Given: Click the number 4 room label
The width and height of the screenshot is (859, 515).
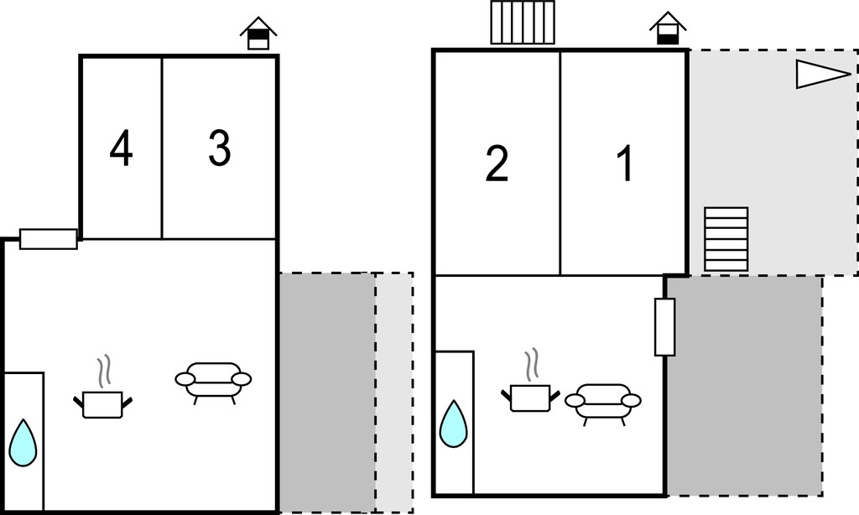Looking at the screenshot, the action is click(121, 148).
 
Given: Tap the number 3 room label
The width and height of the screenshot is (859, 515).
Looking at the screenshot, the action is click(220, 148).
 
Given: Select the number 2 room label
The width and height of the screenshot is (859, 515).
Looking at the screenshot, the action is click(497, 164).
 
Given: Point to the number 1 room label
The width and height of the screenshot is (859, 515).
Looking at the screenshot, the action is click(625, 164).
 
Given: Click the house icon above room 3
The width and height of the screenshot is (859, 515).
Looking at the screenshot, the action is click(258, 34).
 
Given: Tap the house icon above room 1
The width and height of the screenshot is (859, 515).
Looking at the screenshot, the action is click(668, 28).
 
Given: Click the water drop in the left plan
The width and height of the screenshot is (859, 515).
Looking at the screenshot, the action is click(23, 443).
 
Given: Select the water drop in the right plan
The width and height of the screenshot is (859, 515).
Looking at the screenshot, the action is click(454, 424).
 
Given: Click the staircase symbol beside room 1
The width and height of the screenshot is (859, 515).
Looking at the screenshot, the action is click(726, 239).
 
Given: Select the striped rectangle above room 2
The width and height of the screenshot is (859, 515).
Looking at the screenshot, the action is click(523, 22).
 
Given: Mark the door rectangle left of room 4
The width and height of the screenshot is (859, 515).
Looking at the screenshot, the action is click(48, 239).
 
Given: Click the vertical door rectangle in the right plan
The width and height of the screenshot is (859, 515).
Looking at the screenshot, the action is click(665, 327).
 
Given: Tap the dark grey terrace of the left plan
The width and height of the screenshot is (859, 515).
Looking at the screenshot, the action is click(328, 393).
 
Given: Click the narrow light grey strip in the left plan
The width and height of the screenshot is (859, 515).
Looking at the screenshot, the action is click(394, 393).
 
